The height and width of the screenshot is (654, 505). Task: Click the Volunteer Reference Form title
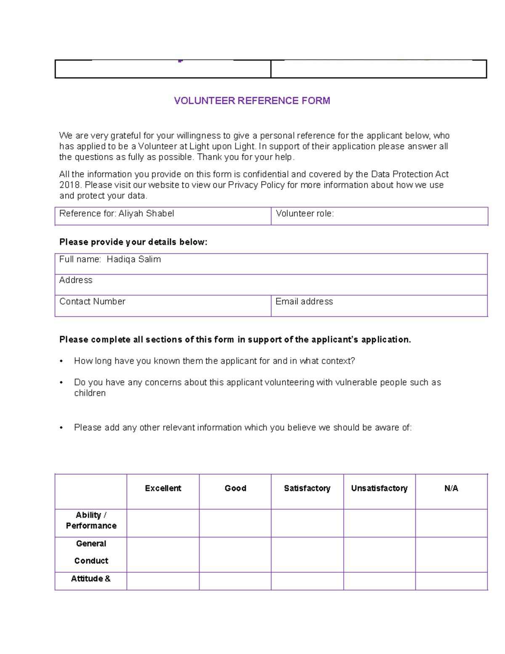point(252,101)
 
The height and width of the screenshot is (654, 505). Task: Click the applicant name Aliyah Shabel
point(146,214)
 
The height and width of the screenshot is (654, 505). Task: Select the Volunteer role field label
point(305,214)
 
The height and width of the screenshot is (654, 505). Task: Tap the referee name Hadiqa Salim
point(133,259)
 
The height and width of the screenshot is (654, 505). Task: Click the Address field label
point(76,280)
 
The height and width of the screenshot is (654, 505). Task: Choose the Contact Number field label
point(92,302)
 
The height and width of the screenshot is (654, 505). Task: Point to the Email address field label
point(304,302)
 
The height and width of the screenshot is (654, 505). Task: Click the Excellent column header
point(163,488)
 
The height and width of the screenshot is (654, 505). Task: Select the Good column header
point(235,488)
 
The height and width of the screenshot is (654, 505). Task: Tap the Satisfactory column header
point(307,488)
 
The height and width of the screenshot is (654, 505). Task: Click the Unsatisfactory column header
point(379,488)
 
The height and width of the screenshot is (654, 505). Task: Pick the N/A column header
point(451,488)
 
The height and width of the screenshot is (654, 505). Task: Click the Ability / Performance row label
point(91,521)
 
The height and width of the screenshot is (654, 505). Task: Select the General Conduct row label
point(91,552)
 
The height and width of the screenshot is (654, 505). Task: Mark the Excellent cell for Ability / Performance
point(163,523)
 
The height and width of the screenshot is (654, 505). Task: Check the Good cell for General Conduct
point(235,555)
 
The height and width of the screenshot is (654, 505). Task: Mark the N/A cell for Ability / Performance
point(451,523)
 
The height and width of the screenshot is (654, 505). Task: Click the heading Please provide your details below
point(133,242)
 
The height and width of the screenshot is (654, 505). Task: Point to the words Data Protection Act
point(409,174)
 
